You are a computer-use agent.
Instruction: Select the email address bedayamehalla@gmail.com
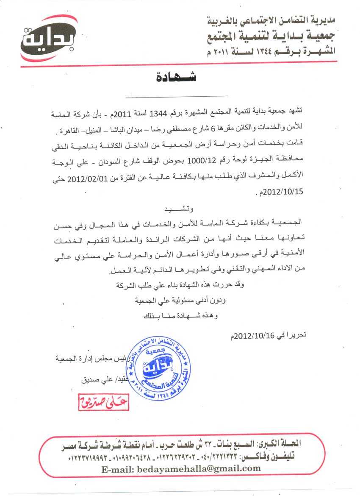[181, 468]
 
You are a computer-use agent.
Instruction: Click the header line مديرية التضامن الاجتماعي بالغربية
[271, 20]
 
